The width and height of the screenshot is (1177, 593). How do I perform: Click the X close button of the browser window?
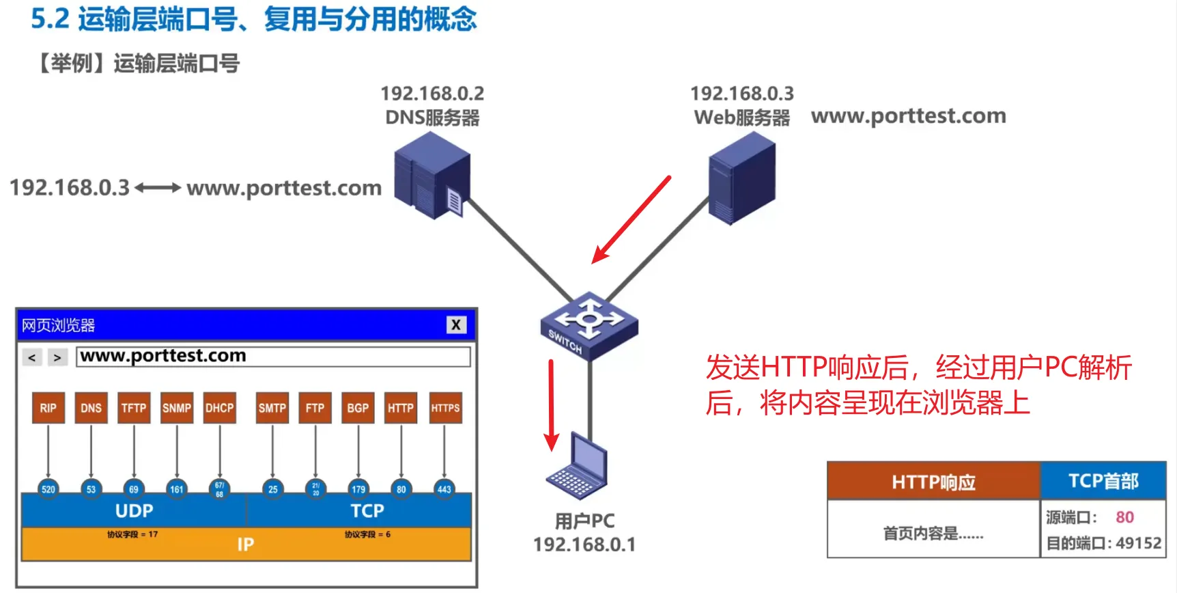pos(456,325)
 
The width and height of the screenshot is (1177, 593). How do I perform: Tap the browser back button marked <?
pos(31,357)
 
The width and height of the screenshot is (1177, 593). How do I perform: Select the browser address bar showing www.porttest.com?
pos(273,357)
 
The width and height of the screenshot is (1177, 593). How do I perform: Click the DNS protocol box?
pos(91,408)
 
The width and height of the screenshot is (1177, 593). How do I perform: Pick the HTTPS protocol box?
pos(445,408)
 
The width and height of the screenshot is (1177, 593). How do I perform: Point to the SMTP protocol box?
pos(272,408)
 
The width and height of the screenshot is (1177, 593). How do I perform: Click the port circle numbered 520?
pos(48,488)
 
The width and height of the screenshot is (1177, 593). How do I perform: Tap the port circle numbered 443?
pos(444,488)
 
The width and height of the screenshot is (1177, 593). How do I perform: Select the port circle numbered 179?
pos(358,488)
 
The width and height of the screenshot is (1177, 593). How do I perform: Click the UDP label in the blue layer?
pos(134,511)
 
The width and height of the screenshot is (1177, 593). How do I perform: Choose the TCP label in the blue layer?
pos(367,511)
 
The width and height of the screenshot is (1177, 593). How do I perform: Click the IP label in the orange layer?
pos(245,544)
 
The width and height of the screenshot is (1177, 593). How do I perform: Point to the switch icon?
pos(588,325)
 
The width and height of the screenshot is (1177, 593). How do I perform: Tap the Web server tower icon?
pos(741,178)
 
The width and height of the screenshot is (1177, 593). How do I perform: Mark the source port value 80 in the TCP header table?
pos(1124,517)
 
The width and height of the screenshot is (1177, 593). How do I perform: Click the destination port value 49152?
pos(1138,543)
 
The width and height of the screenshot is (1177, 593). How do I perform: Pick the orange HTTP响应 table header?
pos(933,482)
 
